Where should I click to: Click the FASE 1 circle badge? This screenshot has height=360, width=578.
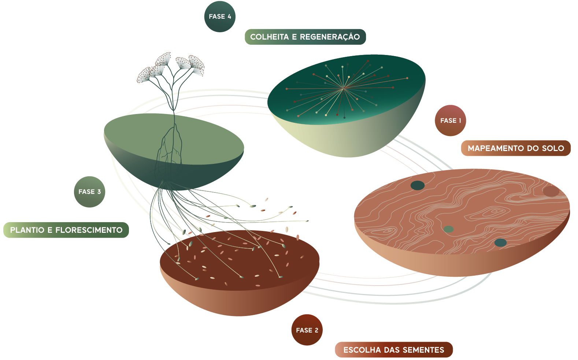[450, 121]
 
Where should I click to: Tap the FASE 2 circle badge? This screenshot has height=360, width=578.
[307, 330]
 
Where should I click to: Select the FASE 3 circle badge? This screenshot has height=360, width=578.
[89, 192]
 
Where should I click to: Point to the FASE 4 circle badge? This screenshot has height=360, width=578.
[220, 16]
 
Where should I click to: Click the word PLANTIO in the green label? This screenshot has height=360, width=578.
[27, 230]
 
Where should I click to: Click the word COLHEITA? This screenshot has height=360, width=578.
[269, 37]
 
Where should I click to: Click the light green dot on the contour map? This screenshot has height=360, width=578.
[448, 229]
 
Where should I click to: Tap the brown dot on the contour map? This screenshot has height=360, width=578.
[551, 191]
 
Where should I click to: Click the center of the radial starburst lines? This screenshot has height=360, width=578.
[344, 88]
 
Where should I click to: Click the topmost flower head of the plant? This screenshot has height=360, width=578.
[163, 59]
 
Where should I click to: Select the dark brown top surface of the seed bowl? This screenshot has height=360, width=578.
[240, 260]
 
